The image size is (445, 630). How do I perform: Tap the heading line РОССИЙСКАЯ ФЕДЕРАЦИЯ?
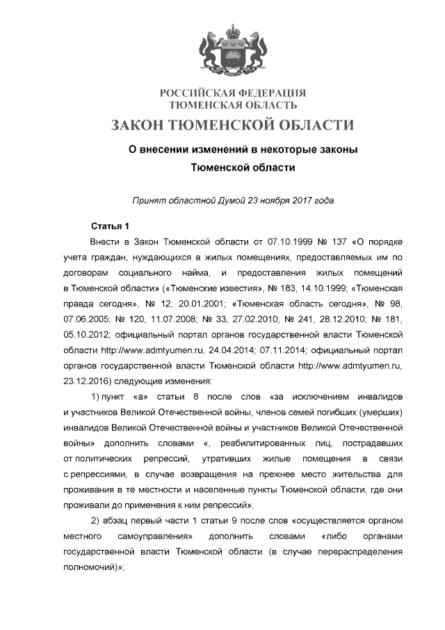click(233, 93)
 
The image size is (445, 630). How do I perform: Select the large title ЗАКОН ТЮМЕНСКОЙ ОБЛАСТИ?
click(233, 125)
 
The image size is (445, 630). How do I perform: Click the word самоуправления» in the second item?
click(157, 537)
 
